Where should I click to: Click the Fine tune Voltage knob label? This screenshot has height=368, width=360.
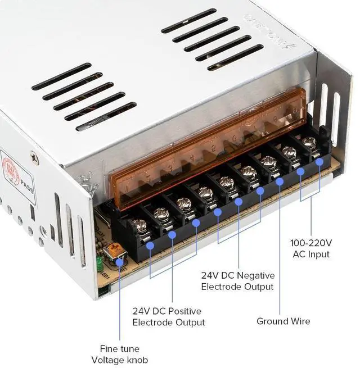(x=119, y=354)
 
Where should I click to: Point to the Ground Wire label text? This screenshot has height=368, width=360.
(x=283, y=321)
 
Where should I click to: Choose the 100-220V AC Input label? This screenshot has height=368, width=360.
(x=310, y=248)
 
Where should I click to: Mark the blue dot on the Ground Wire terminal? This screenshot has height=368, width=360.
(x=280, y=181)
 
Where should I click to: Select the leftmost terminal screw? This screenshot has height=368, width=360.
(x=140, y=226)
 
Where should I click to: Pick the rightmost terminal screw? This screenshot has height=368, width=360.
(x=309, y=142)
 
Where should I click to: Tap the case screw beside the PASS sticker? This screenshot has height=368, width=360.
(x=34, y=160)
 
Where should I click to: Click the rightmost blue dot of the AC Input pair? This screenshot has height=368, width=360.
(x=319, y=162)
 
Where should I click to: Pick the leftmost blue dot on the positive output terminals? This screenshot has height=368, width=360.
(x=150, y=245)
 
